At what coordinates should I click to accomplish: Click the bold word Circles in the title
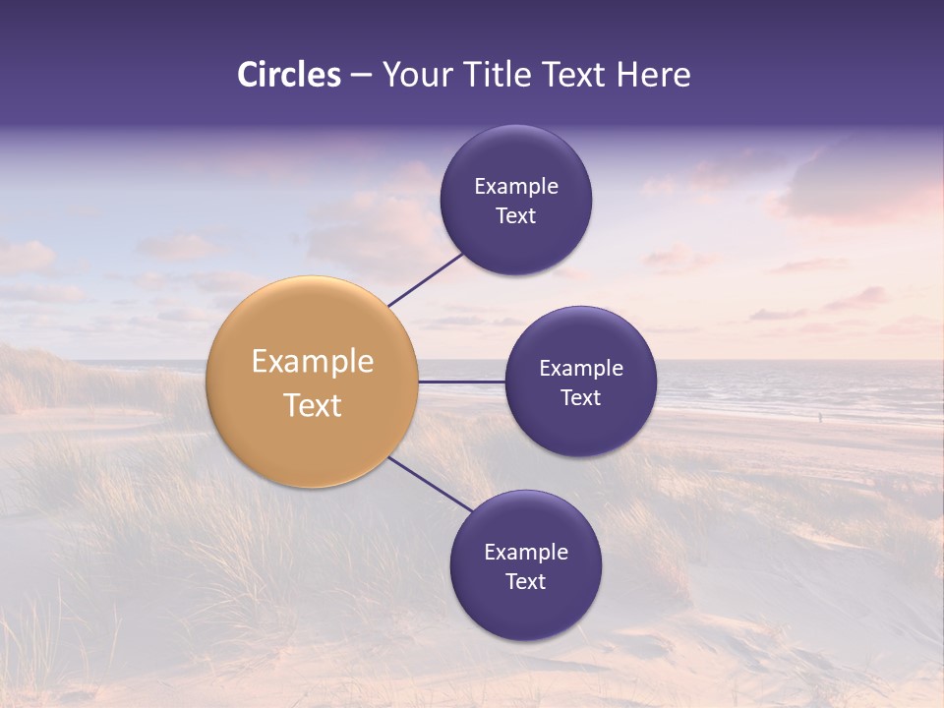pos(289,75)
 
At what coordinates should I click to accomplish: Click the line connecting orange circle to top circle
pos(425,279)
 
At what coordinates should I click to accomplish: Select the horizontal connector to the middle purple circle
pos(461,382)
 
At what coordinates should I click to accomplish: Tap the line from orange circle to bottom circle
pos(430,483)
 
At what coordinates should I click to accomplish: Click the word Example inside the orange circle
pos(313,362)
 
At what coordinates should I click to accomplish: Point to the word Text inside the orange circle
pos(313,405)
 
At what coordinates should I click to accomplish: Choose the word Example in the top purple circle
pos(516,186)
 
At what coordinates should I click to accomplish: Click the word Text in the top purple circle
pos(516,216)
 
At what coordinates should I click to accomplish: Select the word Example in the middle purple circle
pos(581,368)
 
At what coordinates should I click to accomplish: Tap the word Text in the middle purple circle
pos(581,397)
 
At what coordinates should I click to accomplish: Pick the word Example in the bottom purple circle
pos(526,552)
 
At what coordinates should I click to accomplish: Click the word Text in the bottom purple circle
pos(526,581)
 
